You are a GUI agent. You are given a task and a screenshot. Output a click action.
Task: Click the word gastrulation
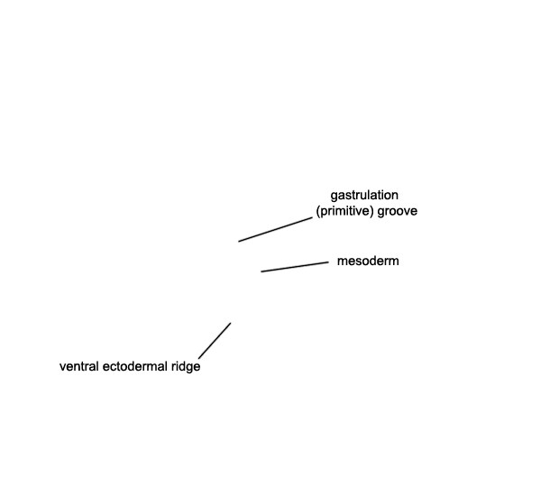[364, 196]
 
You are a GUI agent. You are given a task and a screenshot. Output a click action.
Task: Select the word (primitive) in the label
[345, 211]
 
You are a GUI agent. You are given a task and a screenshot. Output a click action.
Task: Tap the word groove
[397, 211]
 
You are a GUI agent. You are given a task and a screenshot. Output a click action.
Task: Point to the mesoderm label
[368, 261]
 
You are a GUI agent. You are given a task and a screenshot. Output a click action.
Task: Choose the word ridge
[186, 367]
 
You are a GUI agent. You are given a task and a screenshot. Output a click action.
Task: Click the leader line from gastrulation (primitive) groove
[275, 230]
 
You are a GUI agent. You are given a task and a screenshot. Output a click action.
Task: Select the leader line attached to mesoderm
[295, 267]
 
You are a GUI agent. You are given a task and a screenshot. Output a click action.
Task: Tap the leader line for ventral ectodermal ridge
[215, 341]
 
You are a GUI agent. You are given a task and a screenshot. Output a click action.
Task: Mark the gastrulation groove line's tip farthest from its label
[239, 242]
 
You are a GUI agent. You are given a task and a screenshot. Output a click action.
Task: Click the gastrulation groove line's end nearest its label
[312, 218]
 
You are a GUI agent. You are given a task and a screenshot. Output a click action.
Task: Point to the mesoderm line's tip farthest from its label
[261, 271]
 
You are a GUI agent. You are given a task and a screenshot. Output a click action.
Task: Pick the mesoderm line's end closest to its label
[328, 262]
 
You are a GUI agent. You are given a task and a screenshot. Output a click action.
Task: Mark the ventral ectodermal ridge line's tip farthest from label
[230, 324]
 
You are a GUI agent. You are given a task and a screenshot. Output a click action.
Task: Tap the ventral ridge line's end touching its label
[199, 358]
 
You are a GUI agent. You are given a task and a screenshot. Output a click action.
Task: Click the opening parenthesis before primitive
[317, 211]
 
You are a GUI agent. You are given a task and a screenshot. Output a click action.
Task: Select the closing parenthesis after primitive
[372, 211]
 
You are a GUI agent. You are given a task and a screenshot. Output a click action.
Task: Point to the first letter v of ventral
[62, 367]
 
